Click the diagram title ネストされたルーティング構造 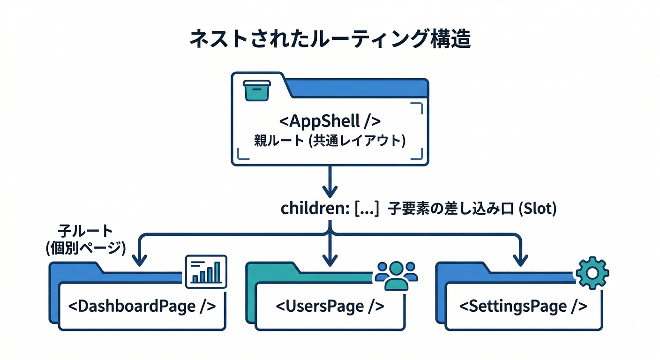click(x=330, y=40)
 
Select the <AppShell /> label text click(x=330, y=121)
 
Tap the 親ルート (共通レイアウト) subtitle click(x=330, y=141)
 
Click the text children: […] click(x=330, y=209)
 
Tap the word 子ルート click(x=85, y=231)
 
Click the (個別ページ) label click(x=85, y=247)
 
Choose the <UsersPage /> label click(x=330, y=306)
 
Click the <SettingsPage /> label click(x=523, y=306)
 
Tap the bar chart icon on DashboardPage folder click(x=206, y=271)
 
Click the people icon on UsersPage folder click(x=397, y=274)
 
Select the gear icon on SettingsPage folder click(x=592, y=272)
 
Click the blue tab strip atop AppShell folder click(x=356, y=88)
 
